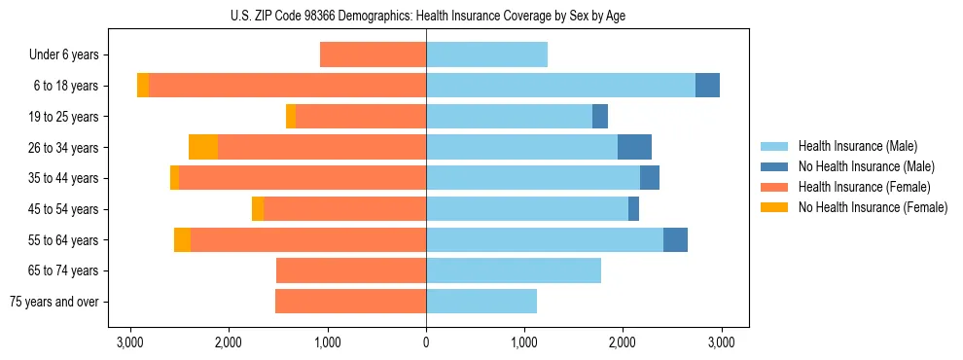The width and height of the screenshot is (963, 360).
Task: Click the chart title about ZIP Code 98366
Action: (x=426, y=16)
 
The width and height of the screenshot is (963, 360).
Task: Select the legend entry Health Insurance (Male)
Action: (x=856, y=146)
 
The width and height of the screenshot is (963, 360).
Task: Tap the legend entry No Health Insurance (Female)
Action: (x=873, y=207)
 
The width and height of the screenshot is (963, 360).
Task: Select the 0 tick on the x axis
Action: (x=426, y=342)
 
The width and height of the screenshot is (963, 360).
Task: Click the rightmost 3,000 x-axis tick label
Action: (x=721, y=342)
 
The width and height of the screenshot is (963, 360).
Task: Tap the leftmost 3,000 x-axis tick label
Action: (x=130, y=342)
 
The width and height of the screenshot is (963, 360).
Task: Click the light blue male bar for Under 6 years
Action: (x=486, y=55)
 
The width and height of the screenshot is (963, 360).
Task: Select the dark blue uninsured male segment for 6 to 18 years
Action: (x=707, y=86)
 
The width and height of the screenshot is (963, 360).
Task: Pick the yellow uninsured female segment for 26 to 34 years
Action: (x=203, y=147)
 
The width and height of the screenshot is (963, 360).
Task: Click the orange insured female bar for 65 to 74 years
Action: (x=351, y=270)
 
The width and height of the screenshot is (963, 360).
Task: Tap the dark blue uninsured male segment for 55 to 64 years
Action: (x=675, y=239)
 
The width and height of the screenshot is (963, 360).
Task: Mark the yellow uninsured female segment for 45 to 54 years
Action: (x=258, y=209)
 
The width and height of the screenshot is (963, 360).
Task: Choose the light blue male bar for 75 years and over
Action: (x=481, y=302)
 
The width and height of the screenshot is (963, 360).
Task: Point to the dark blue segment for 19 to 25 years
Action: (x=600, y=117)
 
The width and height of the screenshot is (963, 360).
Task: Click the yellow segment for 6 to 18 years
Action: (x=143, y=86)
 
